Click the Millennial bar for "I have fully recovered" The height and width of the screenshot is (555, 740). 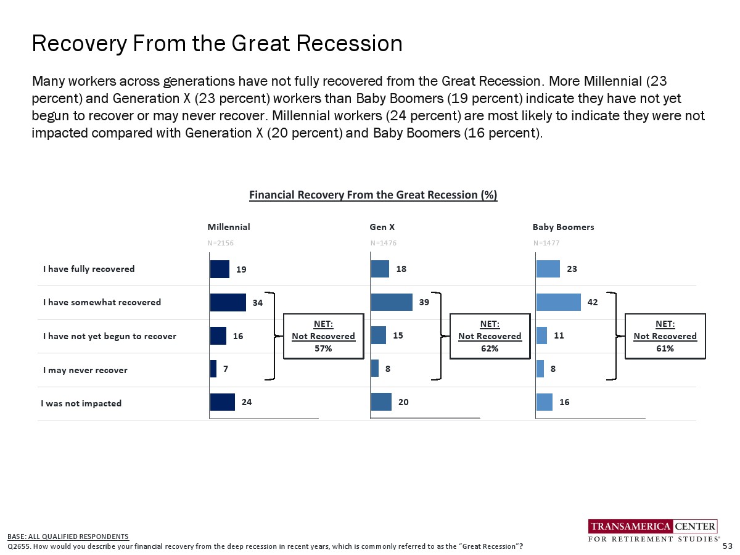[x=220, y=269]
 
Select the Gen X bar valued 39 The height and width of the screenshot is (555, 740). [x=392, y=302]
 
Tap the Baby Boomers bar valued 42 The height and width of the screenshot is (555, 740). [x=559, y=302]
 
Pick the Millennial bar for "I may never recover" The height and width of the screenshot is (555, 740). [x=213, y=369]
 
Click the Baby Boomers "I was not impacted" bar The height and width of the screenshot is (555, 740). [x=545, y=402]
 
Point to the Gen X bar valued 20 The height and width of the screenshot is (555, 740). [x=381, y=402]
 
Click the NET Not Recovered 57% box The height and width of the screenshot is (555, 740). [x=323, y=336]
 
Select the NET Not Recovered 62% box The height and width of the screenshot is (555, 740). [x=490, y=336]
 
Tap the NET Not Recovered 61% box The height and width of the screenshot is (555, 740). [x=665, y=336]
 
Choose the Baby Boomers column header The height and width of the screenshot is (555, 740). [x=563, y=227]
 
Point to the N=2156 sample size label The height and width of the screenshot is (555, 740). [x=221, y=243]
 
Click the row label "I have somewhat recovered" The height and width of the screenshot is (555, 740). [x=102, y=302]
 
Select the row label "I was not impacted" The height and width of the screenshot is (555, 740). [x=81, y=403]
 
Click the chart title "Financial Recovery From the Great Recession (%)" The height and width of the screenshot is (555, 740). [x=373, y=195]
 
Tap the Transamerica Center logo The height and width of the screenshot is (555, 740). [x=652, y=531]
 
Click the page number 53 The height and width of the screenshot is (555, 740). [x=727, y=546]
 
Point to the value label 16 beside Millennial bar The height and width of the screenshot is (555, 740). [x=238, y=336]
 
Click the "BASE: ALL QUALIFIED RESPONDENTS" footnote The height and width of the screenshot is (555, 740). [x=68, y=536]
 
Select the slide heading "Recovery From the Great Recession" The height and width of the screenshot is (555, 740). [x=217, y=44]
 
